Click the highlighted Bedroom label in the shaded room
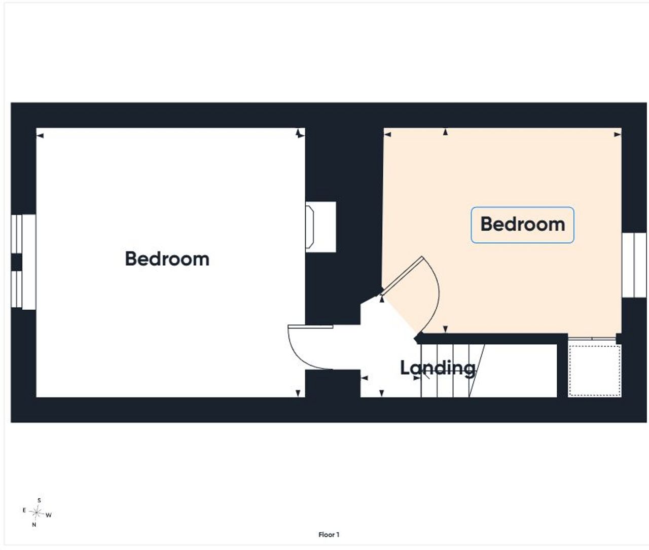pyautogui.click(x=522, y=225)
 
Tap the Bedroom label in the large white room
pyautogui.click(x=167, y=260)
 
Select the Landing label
pyautogui.click(x=438, y=369)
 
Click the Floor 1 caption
pyautogui.click(x=329, y=535)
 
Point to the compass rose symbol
pyautogui.click(x=37, y=513)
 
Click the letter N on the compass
pyautogui.click(x=34, y=525)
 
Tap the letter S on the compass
pyautogui.click(x=39, y=500)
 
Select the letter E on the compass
pyautogui.click(x=24, y=510)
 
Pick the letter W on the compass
pyautogui.click(x=49, y=515)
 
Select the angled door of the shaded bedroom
pyautogui.click(x=402, y=276)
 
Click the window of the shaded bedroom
pyautogui.click(x=634, y=265)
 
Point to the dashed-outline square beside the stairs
pyautogui.click(x=595, y=371)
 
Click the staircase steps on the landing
pyautogui.click(x=453, y=371)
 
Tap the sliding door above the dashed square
pyautogui.click(x=592, y=339)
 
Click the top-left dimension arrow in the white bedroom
pyautogui.click(x=40, y=136)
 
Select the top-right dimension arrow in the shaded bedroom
pyautogui.click(x=618, y=135)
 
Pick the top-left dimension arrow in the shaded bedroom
pyautogui.click(x=387, y=135)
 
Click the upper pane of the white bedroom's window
pyautogui.click(x=16, y=234)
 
